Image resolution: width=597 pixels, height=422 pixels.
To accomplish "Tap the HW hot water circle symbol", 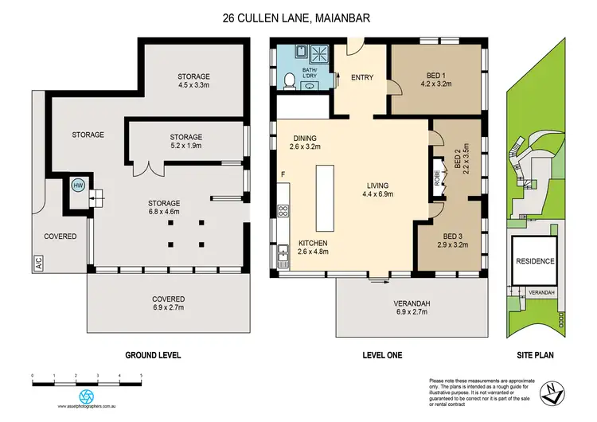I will point(77,186).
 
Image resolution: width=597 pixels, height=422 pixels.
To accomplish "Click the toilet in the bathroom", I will point(287,77).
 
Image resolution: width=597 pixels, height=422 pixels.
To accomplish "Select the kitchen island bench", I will point(324,196).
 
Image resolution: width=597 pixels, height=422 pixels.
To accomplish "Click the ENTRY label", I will point(363,77).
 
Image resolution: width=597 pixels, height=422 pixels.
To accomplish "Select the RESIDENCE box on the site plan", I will point(535,260).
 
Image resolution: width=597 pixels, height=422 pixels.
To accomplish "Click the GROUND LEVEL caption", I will point(153,355).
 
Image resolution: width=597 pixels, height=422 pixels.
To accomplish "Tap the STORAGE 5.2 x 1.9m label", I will point(186,142).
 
